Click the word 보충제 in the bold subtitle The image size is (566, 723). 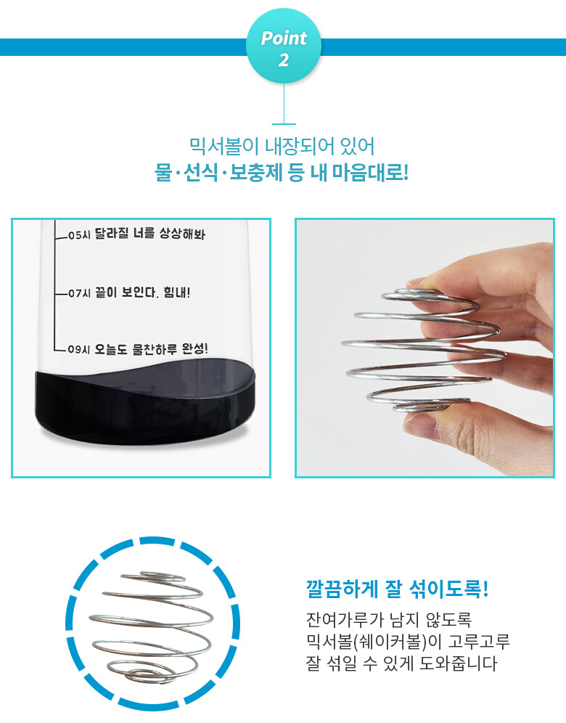[x=255, y=173]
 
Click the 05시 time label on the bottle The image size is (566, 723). [x=79, y=235]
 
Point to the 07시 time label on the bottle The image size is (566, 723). [x=79, y=293]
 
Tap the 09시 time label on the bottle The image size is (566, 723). [x=79, y=349]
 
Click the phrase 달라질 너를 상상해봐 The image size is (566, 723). [x=149, y=234]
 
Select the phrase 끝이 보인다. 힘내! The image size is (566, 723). [x=142, y=293]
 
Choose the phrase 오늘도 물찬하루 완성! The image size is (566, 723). [x=151, y=349]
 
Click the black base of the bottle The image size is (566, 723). [x=145, y=405]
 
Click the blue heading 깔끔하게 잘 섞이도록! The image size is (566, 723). [x=397, y=589]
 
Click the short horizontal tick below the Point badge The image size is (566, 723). [x=284, y=123]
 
